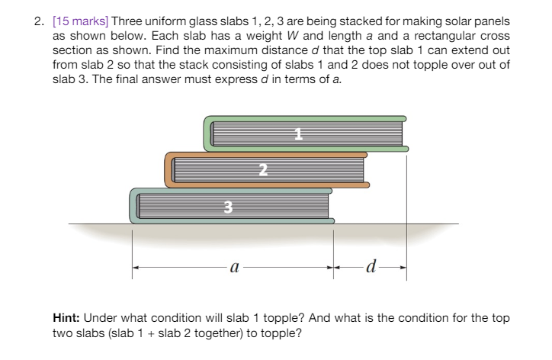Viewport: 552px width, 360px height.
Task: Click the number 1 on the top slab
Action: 299,133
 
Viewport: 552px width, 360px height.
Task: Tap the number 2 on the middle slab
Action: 263,170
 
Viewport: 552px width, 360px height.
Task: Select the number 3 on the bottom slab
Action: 228,207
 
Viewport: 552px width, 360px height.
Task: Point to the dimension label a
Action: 235,268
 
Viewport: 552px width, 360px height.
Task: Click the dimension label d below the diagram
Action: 371,266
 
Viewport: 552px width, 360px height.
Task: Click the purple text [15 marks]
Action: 81,21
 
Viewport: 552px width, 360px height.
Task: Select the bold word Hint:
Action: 66,318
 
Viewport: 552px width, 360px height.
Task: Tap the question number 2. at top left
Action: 39,21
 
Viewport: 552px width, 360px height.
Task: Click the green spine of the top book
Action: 207,133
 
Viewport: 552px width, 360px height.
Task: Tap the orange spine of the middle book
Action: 169,170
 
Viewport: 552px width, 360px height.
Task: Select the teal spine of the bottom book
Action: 133,206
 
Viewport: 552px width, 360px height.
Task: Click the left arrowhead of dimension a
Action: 136,268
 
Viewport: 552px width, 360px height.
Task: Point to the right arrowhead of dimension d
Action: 403,268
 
